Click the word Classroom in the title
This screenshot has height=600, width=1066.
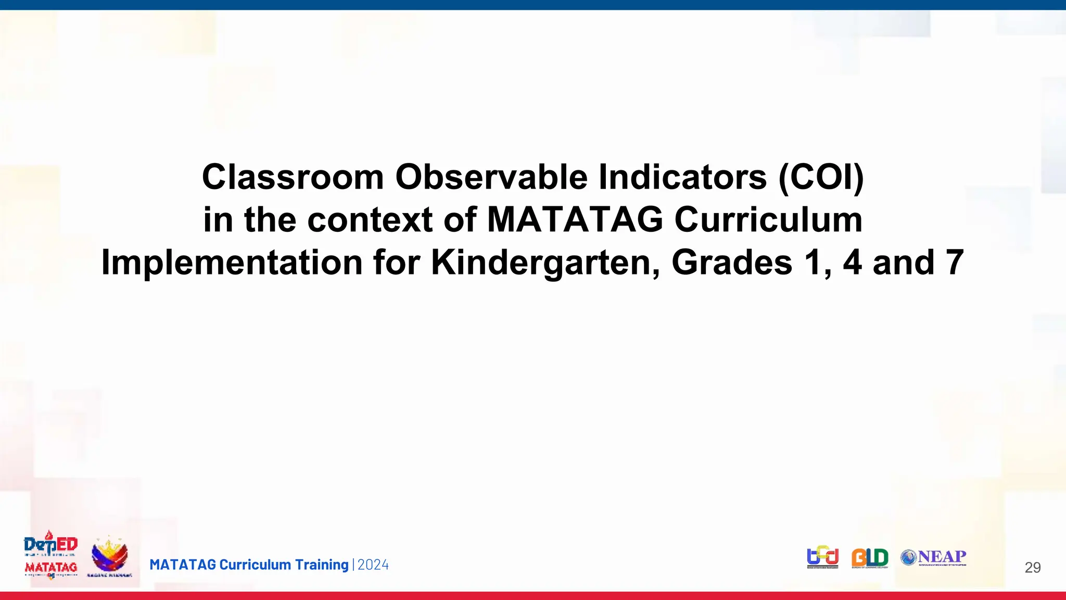293,177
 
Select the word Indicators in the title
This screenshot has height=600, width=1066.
682,177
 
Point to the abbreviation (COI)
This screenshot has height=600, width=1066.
821,177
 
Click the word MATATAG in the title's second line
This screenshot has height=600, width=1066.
575,220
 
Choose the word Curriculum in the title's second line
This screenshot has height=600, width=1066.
768,220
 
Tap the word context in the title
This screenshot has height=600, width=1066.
370,220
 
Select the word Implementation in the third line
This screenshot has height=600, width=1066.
231,262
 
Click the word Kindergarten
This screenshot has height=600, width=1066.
545,262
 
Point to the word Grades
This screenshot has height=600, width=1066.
731,262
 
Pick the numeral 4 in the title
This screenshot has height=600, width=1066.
852,262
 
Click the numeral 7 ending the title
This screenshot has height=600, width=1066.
954,262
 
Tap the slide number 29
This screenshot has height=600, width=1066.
1032,568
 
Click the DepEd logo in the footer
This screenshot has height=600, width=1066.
50,545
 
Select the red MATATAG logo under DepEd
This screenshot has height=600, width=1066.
51,568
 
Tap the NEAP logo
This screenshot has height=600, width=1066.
934,557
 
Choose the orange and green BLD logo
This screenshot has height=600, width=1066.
870,558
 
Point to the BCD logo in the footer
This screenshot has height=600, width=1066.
822,557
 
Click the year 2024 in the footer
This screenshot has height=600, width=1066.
373,565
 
